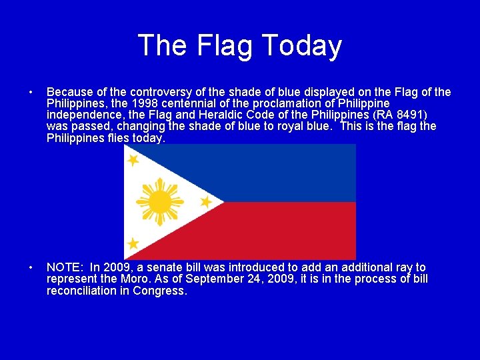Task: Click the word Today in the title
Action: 302,45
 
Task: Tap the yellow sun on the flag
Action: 159,201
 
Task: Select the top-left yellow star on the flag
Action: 133,160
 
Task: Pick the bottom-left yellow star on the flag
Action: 133,243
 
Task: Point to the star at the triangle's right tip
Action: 206,201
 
